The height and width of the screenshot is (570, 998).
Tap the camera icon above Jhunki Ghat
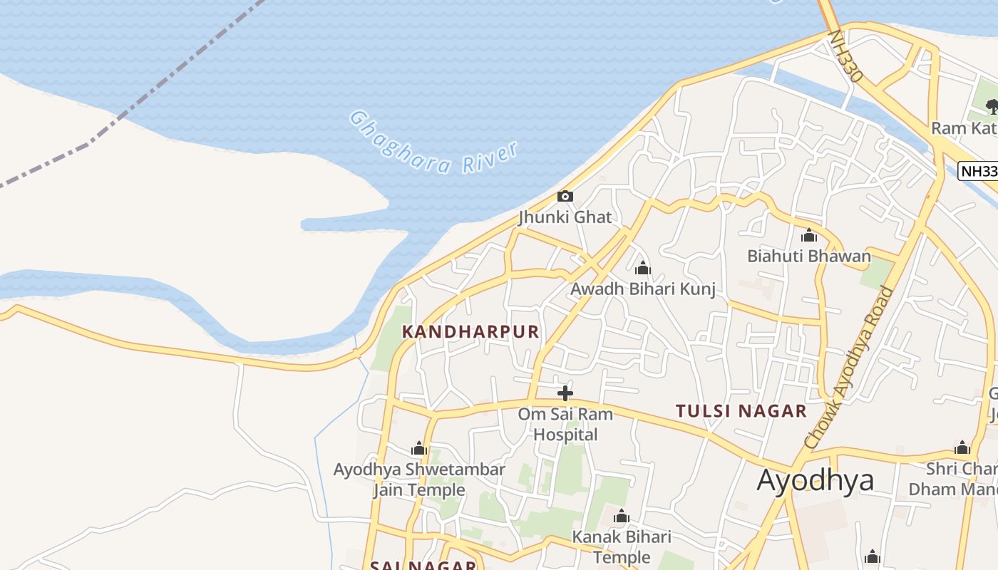[565, 196]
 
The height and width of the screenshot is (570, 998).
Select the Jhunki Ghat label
[565, 217]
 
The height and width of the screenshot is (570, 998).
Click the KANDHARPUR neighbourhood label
[470, 332]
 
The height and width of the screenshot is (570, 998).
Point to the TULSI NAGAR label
[741, 411]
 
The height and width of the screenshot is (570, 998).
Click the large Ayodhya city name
[815, 480]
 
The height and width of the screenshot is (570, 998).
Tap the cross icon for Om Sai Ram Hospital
[565, 393]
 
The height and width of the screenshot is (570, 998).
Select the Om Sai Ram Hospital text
[565, 425]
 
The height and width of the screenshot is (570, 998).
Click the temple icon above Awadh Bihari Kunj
[642, 268]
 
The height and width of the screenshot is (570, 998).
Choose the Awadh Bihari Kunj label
[642, 289]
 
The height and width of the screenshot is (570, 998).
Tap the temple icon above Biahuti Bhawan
[808, 235]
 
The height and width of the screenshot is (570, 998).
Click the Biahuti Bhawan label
[808, 256]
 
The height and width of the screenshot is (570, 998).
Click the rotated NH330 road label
[846, 56]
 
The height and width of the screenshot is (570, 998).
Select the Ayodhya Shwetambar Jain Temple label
[419, 480]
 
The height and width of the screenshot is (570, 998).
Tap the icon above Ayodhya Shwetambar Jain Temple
[419, 448]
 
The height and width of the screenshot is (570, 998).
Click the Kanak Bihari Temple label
[622, 546]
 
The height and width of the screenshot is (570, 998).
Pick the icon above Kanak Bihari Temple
[621, 515]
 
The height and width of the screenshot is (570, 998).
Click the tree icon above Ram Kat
[992, 108]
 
